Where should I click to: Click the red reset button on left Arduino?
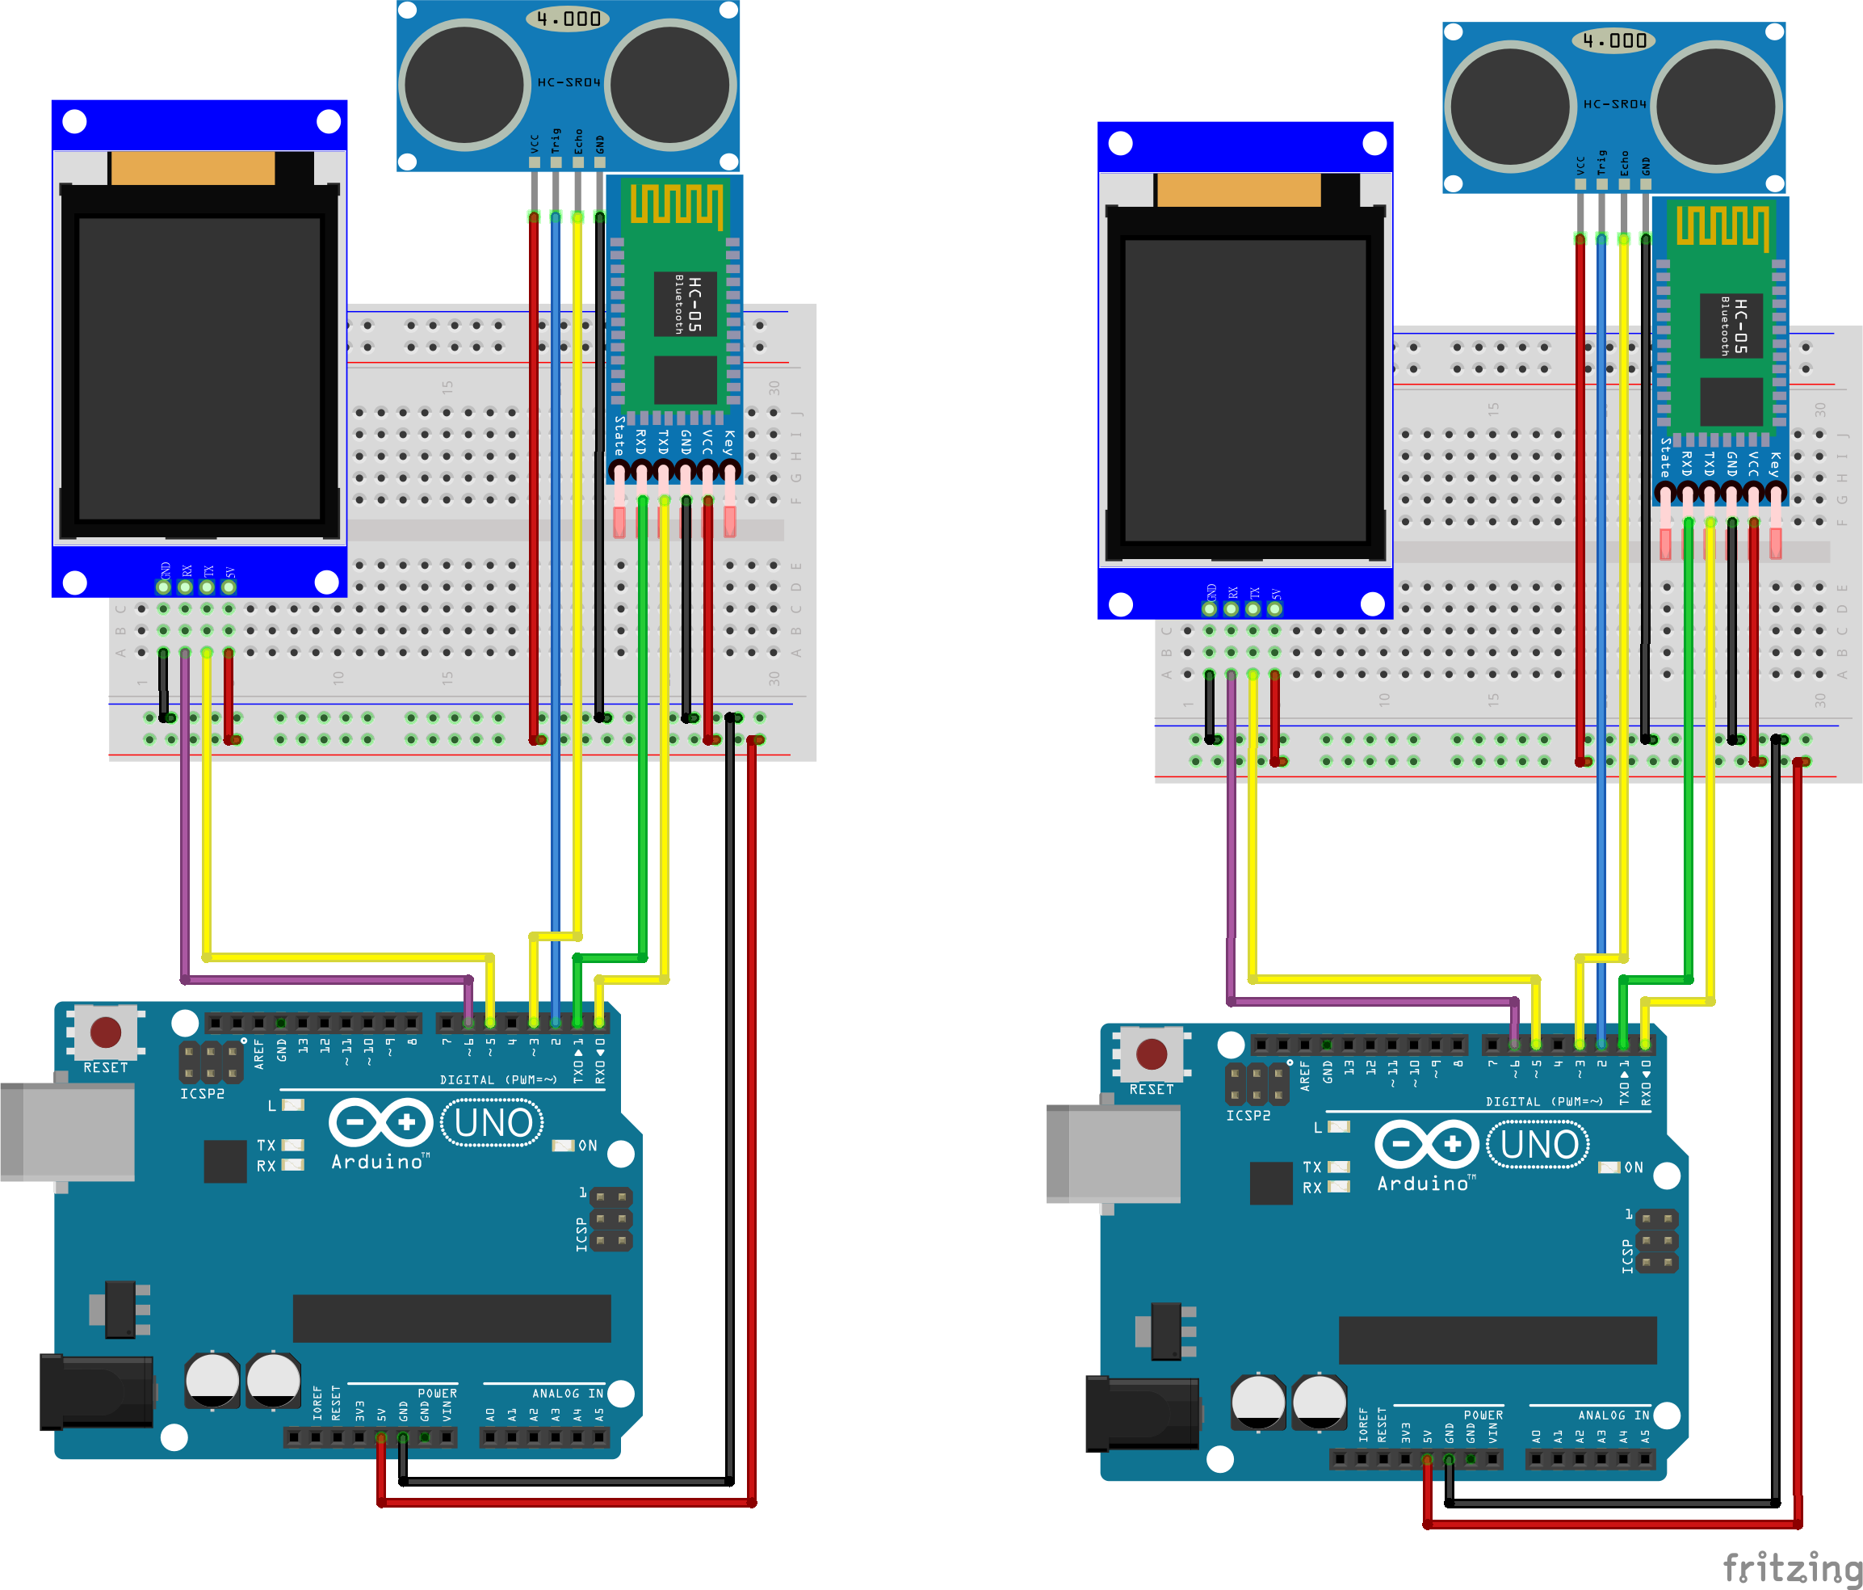tap(105, 1032)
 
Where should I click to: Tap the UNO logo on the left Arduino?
tap(493, 1123)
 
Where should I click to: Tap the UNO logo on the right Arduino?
tap(1538, 1145)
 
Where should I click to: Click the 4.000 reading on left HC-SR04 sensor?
tap(569, 19)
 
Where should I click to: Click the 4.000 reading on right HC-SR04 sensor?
tap(1615, 40)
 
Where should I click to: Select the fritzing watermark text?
tap(1791, 1567)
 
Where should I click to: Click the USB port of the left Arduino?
tap(68, 1131)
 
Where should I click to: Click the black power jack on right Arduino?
tap(1140, 1413)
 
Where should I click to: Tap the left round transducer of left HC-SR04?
tap(464, 85)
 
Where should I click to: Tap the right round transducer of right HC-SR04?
tap(1717, 107)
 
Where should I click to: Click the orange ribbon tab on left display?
tap(192, 168)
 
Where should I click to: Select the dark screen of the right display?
tap(1245, 389)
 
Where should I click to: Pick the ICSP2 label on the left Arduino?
tap(203, 1094)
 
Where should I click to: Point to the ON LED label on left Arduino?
tap(587, 1146)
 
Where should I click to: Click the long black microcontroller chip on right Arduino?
tap(1497, 1340)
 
